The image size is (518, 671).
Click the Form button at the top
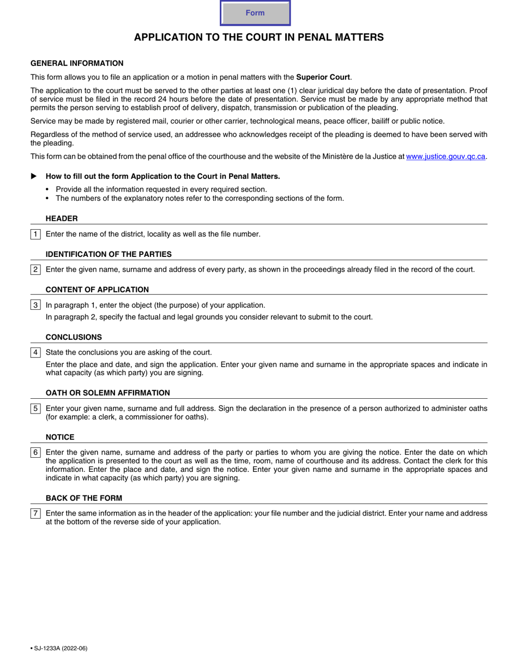[255, 13]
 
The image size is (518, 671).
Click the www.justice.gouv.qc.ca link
[445, 157]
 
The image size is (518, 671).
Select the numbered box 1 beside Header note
[35, 234]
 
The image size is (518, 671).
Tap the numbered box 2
[35, 269]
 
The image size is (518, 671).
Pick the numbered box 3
[35, 305]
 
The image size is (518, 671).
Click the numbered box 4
[35, 352]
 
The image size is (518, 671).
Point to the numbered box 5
[35, 408]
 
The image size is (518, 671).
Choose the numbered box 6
[35, 452]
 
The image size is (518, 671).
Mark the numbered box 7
[35, 513]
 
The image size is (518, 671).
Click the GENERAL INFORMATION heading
[77, 63]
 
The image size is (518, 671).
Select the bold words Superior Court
[323, 77]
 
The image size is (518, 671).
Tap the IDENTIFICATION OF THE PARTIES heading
[109, 254]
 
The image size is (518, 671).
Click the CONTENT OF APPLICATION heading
[97, 290]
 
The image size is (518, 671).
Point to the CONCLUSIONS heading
[74, 337]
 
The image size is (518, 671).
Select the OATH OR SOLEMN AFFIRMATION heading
[107, 393]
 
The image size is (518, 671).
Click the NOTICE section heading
[60, 437]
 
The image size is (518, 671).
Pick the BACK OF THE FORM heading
[84, 498]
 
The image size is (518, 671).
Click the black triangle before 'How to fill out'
[34, 176]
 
